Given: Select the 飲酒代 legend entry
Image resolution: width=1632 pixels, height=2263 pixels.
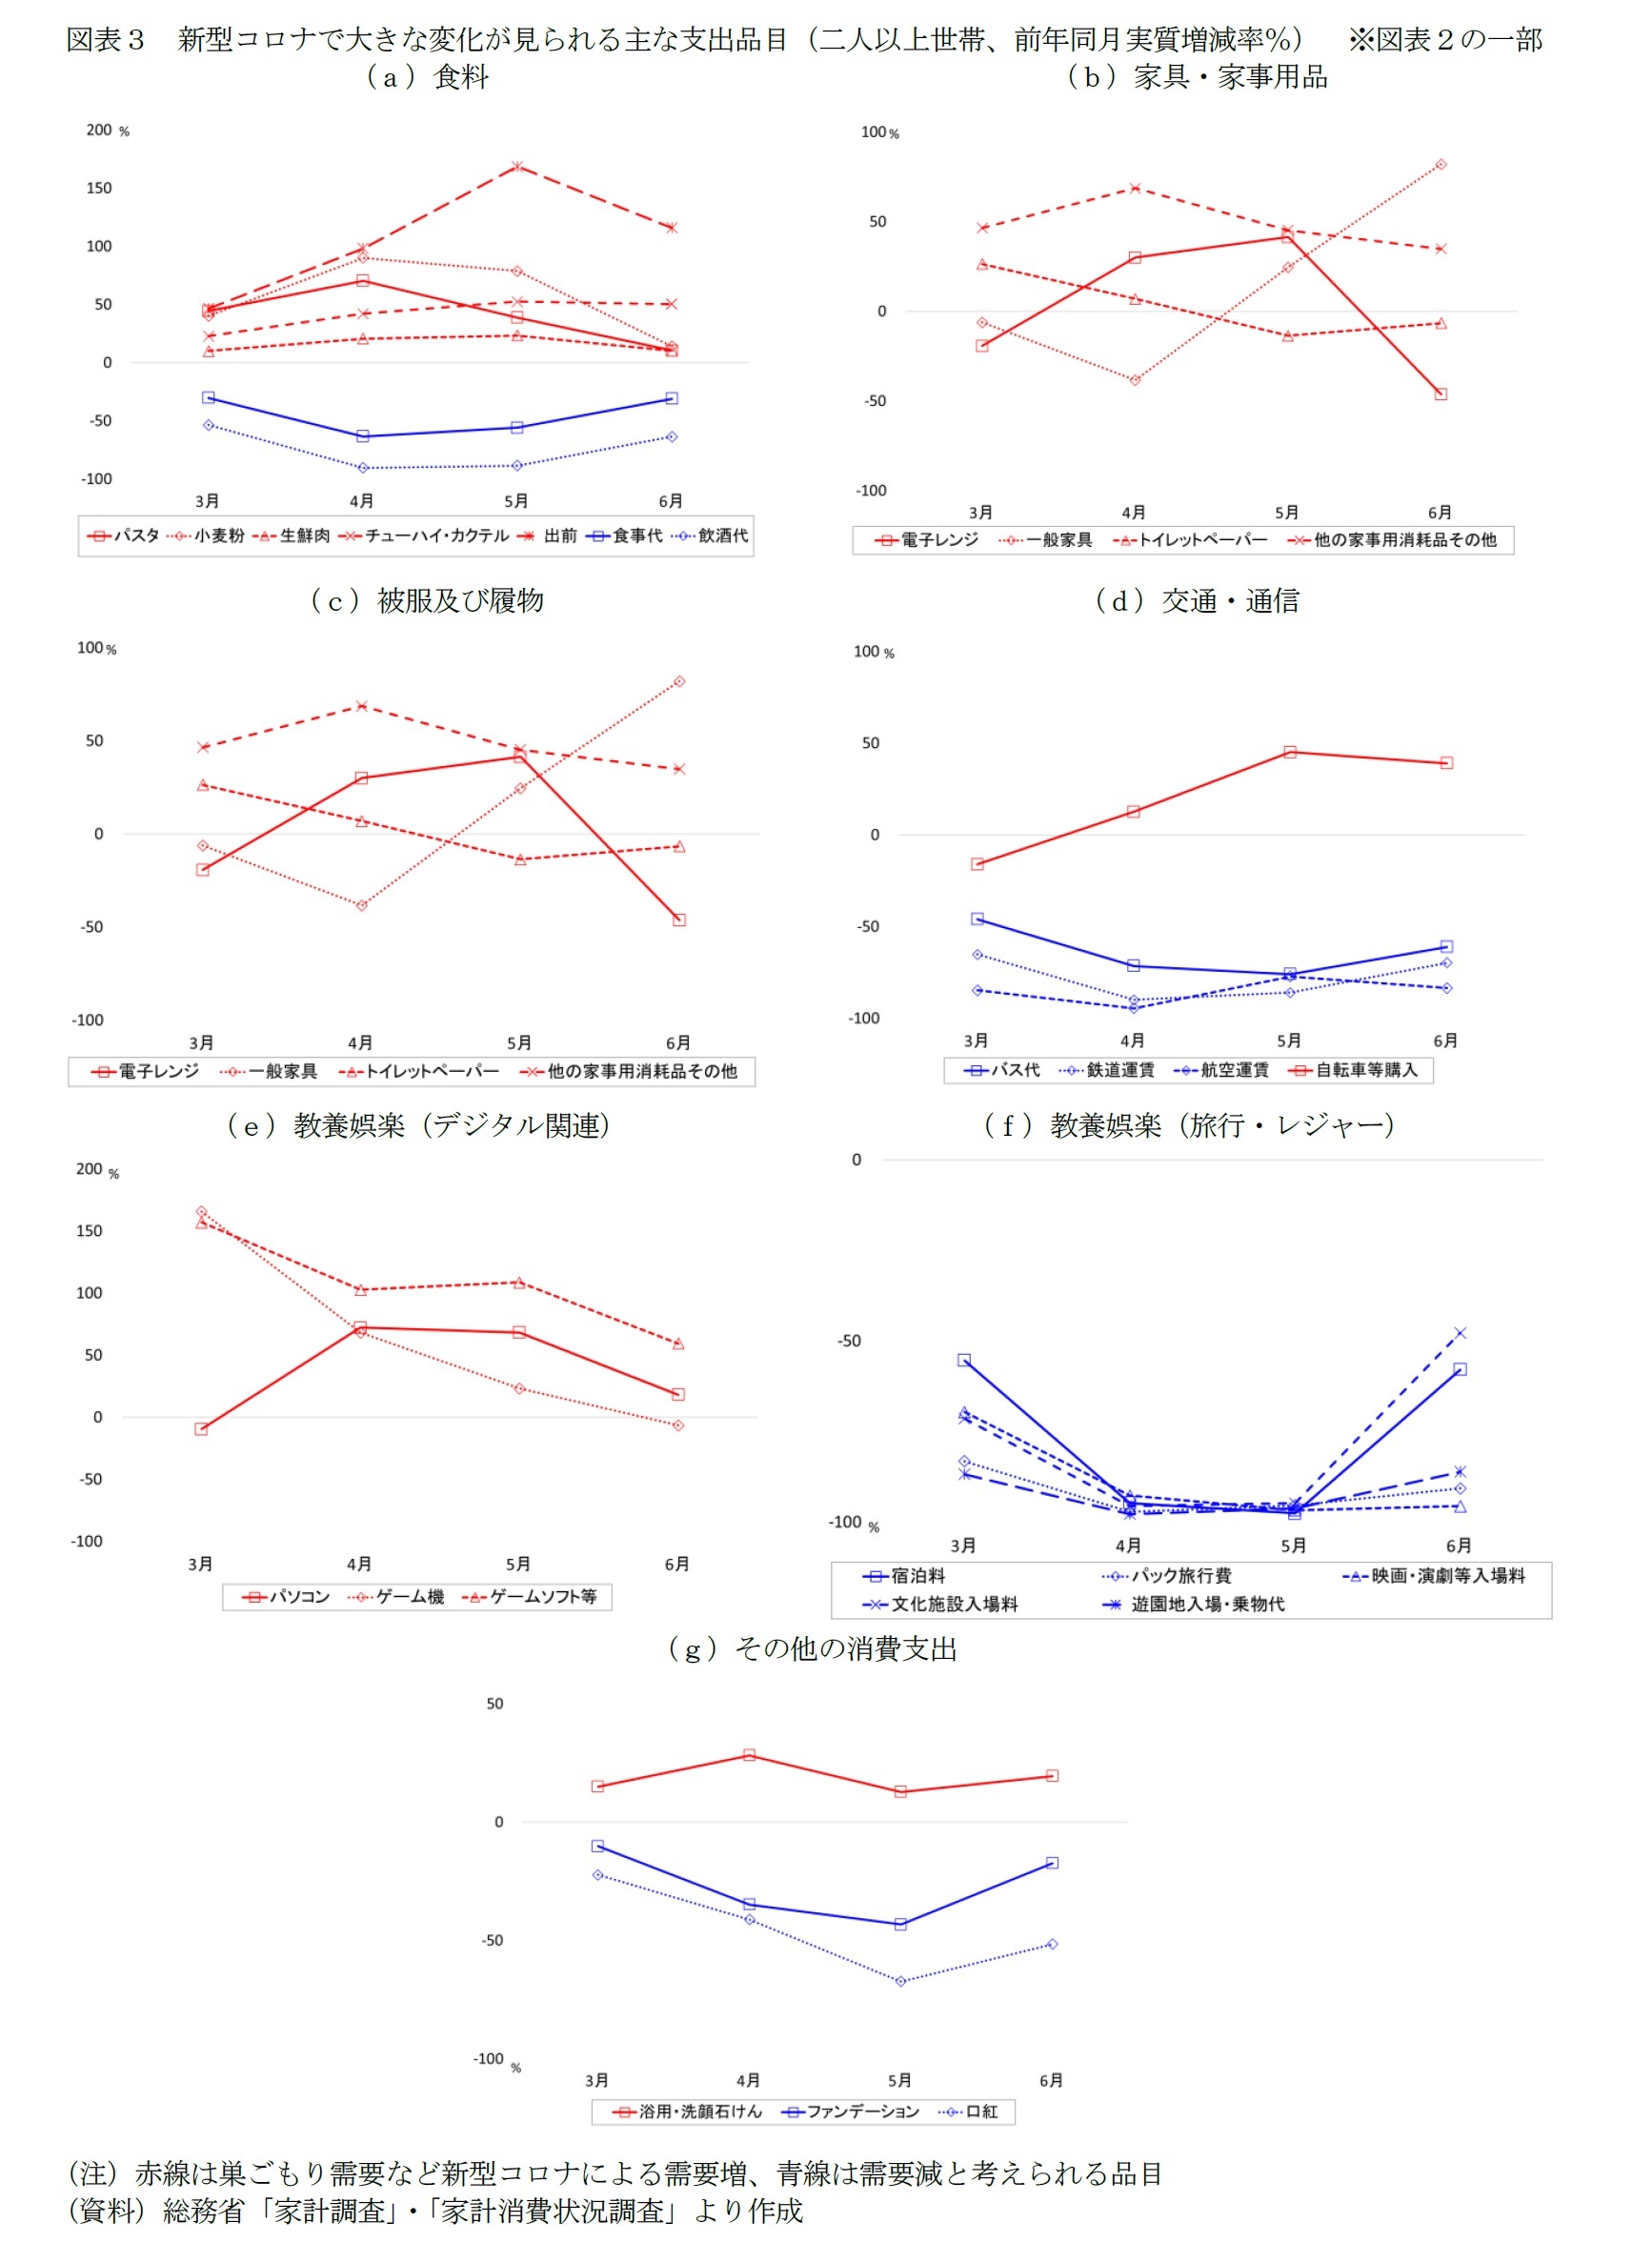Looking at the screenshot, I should pos(712,535).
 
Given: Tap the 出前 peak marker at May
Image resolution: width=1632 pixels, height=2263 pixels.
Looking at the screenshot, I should pos(516,167).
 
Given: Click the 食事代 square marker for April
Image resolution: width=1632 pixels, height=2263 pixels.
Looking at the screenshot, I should pos(363,436).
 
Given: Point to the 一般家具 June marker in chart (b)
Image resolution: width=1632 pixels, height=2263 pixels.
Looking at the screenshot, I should pos(1441,165).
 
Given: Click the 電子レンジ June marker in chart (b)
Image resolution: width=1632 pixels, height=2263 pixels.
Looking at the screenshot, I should pos(1441,394).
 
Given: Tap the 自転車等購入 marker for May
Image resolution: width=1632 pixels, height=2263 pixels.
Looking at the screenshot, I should pos(1290,753).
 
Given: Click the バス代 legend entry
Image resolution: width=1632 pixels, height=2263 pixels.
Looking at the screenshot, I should pos(1002,1071).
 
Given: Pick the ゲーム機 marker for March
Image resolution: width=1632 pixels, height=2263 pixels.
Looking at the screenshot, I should pos(202,1211).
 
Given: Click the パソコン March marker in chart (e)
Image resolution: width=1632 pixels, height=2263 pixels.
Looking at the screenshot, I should pos(202,1429).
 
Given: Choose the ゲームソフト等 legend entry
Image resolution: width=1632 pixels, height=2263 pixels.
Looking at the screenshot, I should pos(531,1596).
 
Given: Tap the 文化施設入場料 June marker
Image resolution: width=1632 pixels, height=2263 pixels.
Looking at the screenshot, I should pos(1460,1333).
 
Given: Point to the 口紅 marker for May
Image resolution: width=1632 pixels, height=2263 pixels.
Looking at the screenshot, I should pos(901,1981).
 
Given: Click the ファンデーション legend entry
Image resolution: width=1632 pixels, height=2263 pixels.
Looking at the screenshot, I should pos(852,2111).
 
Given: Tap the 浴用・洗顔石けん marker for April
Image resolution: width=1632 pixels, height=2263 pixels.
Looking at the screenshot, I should pos(749,1755).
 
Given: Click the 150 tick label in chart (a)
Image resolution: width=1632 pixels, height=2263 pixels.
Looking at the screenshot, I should pos(99,188).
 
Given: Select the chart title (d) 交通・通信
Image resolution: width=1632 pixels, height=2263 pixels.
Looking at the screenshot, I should pos(1197,599).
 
